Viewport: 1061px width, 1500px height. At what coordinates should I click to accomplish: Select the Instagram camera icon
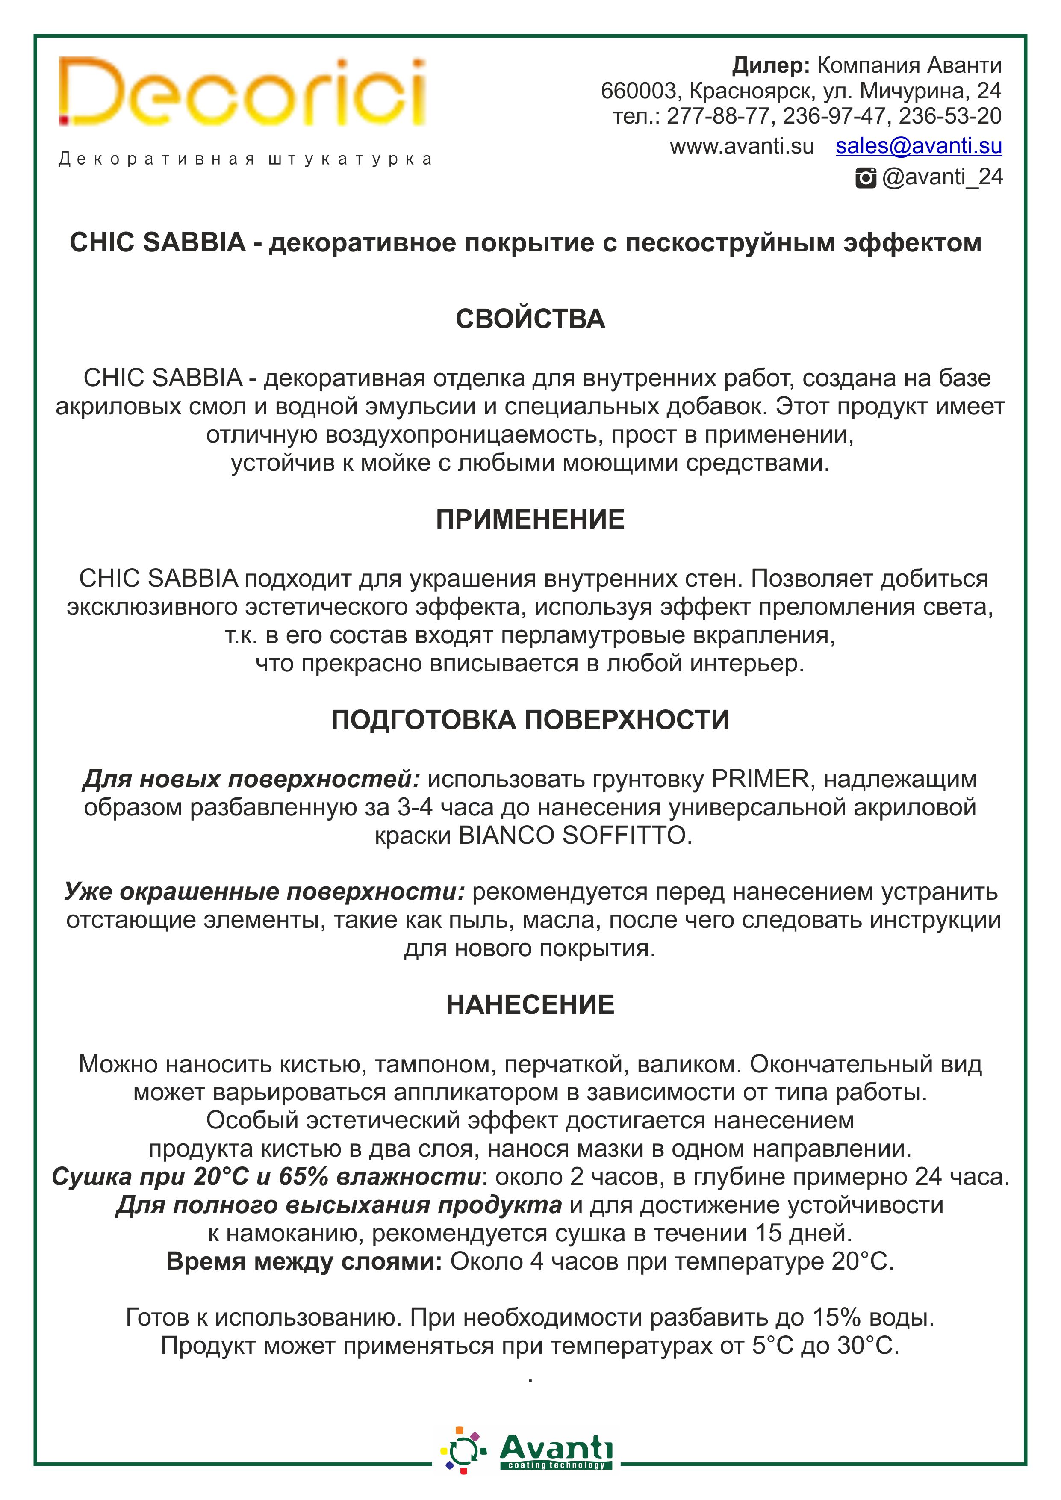click(x=866, y=178)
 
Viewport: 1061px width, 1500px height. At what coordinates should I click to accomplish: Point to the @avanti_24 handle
click(x=942, y=177)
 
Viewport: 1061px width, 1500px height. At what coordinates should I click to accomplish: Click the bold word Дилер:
click(x=771, y=65)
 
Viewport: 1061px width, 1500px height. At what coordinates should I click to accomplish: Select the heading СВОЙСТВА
click(x=530, y=319)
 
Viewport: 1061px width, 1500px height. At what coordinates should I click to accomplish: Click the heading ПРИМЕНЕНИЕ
click(x=530, y=520)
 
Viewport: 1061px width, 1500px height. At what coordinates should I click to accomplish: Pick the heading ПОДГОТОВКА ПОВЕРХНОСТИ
click(x=530, y=720)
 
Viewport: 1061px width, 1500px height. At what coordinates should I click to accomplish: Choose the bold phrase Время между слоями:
click(x=304, y=1261)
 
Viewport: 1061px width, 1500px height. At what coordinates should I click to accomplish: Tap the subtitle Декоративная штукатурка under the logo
click(x=245, y=160)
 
